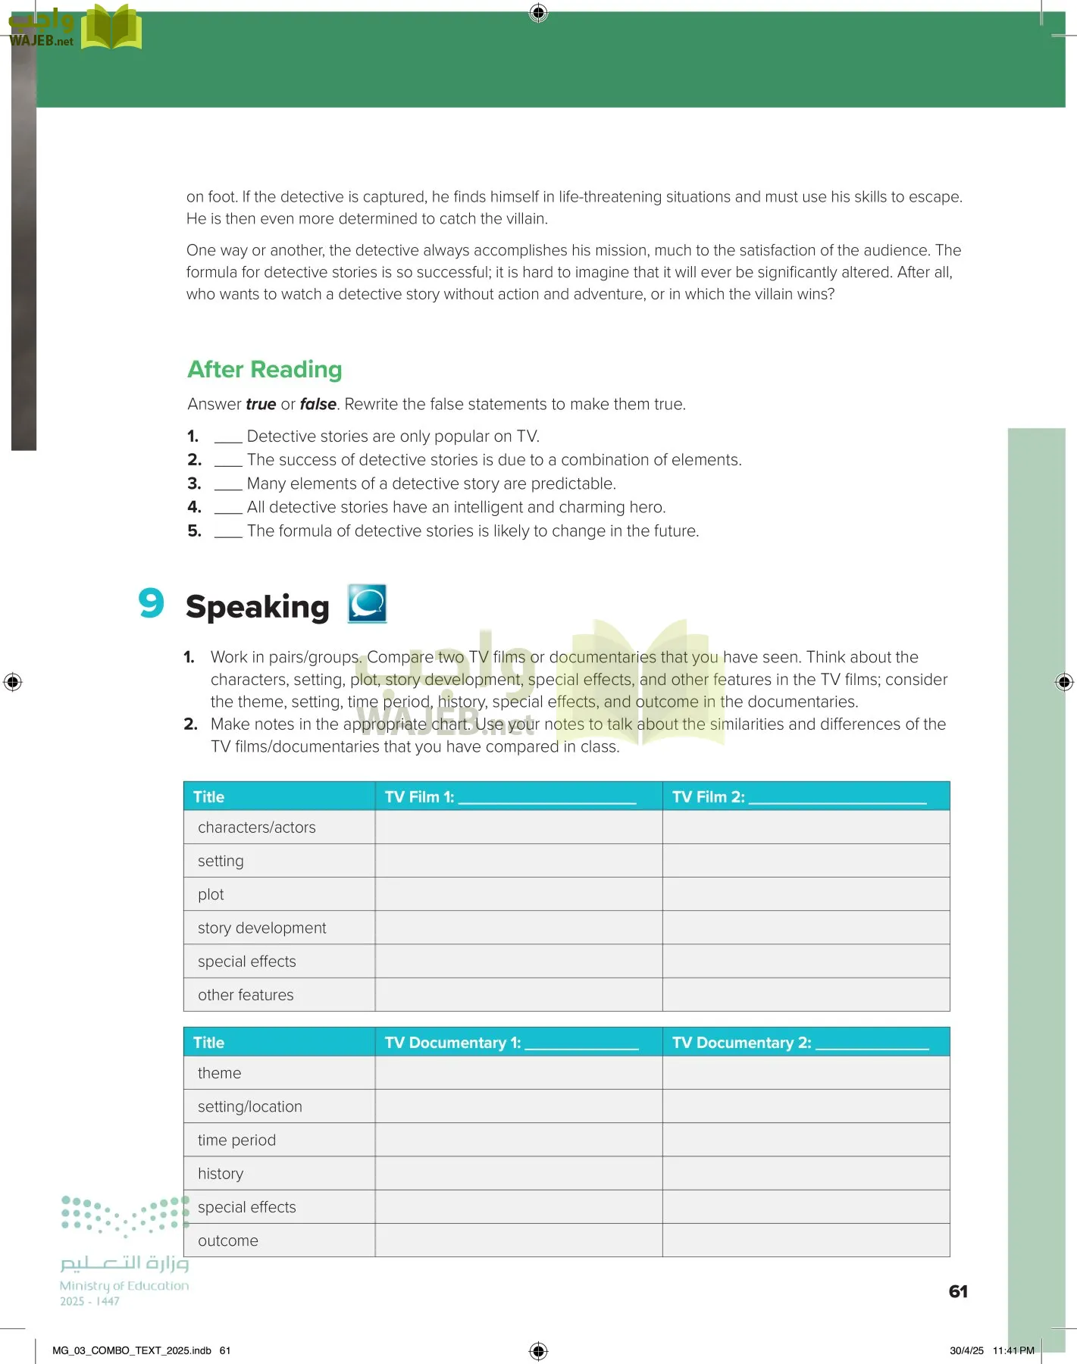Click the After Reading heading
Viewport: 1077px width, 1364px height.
pyautogui.click(x=265, y=370)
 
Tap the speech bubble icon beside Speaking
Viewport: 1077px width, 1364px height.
pyautogui.click(x=368, y=604)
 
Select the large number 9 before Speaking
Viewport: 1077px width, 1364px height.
pyautogui.click(x=152, y=604)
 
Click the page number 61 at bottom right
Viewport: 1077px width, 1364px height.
pyautogui.click(x=958, y=1291)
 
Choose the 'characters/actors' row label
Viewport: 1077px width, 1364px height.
pyautogui.click(x=257, y=827)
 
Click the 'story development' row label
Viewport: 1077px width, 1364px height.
pyautogui.click(x=261, y=928)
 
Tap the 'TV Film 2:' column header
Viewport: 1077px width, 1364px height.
pyautogui.click(x=708, y=797)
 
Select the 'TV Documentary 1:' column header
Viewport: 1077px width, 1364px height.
pyautogui.click(x=452, y=1043)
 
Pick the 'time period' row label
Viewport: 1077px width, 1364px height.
pyautogui.click(x=236, y=1140)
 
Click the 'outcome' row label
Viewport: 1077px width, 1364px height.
pyautogui.click(x=228, y=1240)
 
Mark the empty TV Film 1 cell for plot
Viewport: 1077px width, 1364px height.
pyautogui.click(x=518, y=894)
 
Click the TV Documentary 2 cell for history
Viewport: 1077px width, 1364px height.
pyautogui.click(x=806, y=1173)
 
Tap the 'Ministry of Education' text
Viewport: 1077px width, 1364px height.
pyautogui.click(x=124, y=1286)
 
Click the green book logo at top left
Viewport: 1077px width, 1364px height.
pyautogui.click(x=111, y=28)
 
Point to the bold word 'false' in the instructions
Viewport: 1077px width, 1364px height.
pyautogui.click(x=318, y=405)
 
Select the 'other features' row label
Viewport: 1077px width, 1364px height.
pyautogui.click(x=246, y=995)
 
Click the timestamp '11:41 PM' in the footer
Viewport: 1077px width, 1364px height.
pyautogui.click(x=1013, y=1350)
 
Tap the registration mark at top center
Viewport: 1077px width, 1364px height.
pyautogui.click(x=538, y=13)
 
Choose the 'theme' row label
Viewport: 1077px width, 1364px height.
pyautogui.click(x=219, y=1073)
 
